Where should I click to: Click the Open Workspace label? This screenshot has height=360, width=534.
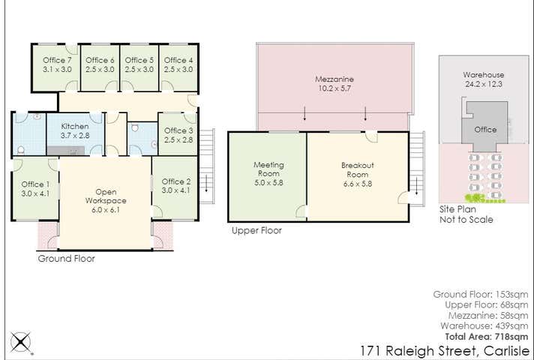coord(105,196)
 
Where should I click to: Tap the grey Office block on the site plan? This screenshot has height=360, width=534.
coord(484,130)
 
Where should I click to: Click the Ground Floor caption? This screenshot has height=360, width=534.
coord(66,259)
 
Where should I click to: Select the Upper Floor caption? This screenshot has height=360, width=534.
coord(256,231)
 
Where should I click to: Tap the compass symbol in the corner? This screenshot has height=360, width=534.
coord(21,343)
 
